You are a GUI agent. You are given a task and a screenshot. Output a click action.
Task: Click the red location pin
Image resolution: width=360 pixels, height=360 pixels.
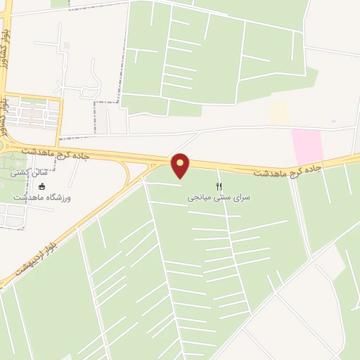(x=181, y=165)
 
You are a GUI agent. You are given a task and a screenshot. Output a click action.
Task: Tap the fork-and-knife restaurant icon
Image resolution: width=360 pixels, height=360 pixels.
(x=219, y=186)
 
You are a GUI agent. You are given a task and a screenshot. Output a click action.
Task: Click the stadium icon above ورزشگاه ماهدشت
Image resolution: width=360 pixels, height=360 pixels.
(x=41, y=187)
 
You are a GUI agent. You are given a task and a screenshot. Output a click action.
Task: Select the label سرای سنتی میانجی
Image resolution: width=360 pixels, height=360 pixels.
(x=219, y=198)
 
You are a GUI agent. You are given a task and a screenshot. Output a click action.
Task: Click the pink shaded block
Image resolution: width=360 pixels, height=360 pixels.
(x=307, y=146)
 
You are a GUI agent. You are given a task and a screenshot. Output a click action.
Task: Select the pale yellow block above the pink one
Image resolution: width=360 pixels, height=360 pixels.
(x=279, y=112)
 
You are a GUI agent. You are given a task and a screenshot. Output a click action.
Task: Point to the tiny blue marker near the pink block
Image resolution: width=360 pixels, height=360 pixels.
(x=334, y=121)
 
